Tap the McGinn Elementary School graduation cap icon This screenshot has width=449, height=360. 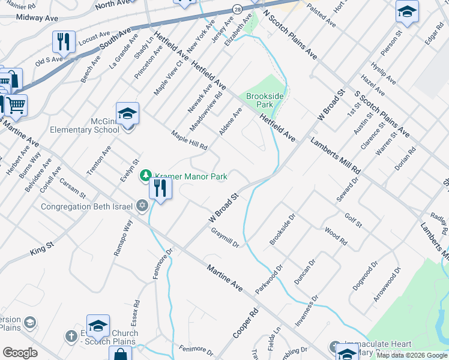(128, 114)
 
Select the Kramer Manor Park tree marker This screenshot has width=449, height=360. (145, 176)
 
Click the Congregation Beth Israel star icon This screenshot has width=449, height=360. (142, 206)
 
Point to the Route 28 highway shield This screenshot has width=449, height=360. (238, 10)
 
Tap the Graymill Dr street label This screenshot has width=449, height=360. (225, 237)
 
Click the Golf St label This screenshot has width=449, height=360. (354, 220)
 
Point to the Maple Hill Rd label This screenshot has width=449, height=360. (189, 140)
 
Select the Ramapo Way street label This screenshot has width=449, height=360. (123, 238)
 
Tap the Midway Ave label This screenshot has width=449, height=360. (37, 18)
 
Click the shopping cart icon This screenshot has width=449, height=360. (16, 105)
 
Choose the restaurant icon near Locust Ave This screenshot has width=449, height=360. (63, 41)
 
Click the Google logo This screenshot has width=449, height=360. (20, 353)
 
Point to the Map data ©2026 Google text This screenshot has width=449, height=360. (412, 355)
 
